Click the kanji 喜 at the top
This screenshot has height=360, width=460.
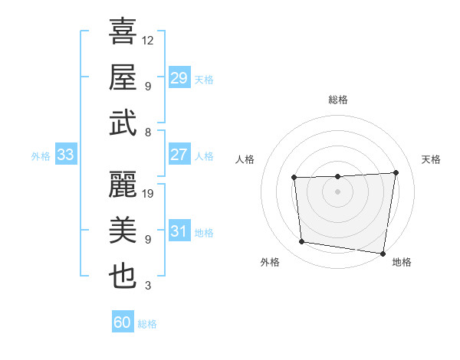point(123,33)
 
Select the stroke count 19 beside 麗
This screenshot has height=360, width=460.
point(149,194)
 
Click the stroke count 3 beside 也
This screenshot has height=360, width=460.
point(148,286)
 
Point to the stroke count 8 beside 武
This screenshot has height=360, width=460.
point(148,133)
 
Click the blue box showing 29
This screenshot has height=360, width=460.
point(179,77)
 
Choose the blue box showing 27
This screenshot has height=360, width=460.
point(179,154)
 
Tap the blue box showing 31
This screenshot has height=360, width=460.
point(179,231)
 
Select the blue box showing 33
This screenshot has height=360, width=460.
point(65,155)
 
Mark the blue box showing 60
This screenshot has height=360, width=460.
point(123,322)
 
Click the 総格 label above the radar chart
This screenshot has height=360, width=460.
point(338,100)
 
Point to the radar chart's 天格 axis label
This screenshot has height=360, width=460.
point(431,159)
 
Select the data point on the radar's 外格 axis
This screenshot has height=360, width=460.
point(302,242)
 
